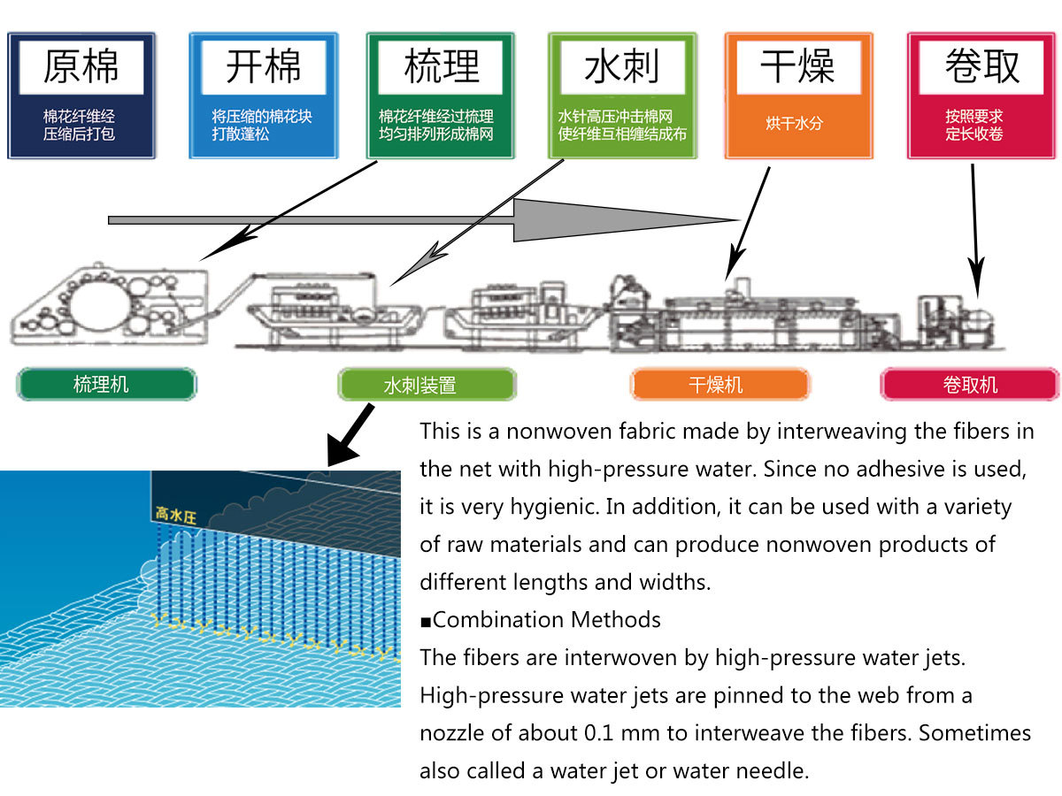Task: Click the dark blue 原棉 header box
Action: pyautogui.click(x=81, y=96)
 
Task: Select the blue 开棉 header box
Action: pyautogui.click(x=263, y=96)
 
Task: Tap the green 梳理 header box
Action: pyautogui.click(x=441, y=96)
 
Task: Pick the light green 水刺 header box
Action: pyautogui.click(x=622, y=96)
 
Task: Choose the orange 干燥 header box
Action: pyautogui.click(x=797, y=96)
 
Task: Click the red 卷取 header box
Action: pyautogui.click(x=981, y=96)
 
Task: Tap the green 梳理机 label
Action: pyautogui.click(x=106, y=385)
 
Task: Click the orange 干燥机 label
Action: pyautogui.click(x=719, y=385)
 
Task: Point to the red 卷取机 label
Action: pyautogui.click(x=969, y=385)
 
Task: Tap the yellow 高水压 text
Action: pyautogui.click(x=176, y=516)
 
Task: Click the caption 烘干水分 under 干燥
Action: pyautogui.click(x=794, y=123)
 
